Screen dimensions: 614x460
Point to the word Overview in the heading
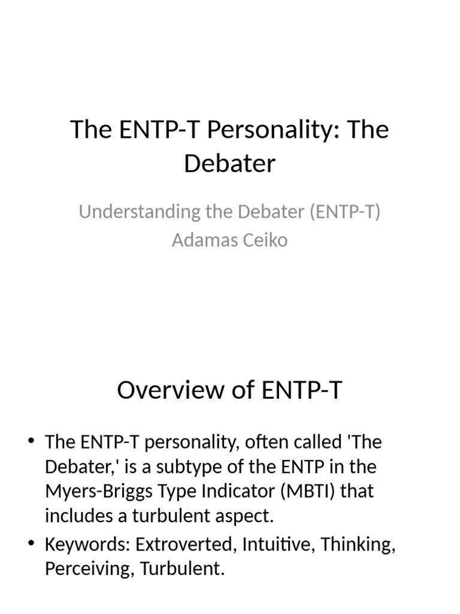click(171, 390)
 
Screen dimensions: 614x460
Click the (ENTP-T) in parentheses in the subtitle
click(345, 212)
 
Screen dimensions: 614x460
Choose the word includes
click(75, 515)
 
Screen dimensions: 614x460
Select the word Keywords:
click(87, 545)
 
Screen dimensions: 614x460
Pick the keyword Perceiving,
click(90, 569)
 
